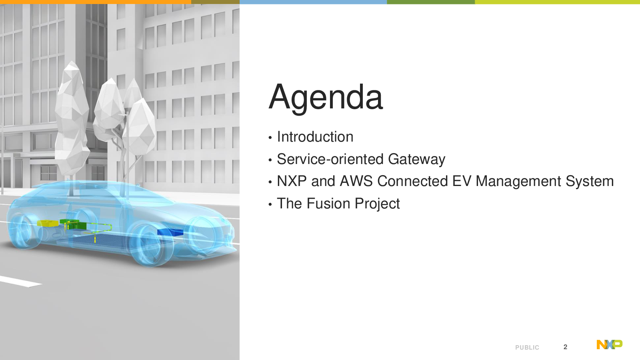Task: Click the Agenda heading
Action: (326, 98)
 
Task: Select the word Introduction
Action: (315, 136)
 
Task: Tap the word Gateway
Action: (417, 160)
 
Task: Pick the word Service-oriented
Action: (330, 159)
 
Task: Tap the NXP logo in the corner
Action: (610, 344)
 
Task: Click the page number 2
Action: (565, 347)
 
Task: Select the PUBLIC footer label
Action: (527, 348)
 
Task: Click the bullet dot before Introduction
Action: (270, 138)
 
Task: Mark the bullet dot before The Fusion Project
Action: (270, 204)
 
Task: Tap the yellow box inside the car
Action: (48, 223)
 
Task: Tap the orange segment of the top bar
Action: (96, 2)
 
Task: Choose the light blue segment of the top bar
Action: (313, 2)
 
